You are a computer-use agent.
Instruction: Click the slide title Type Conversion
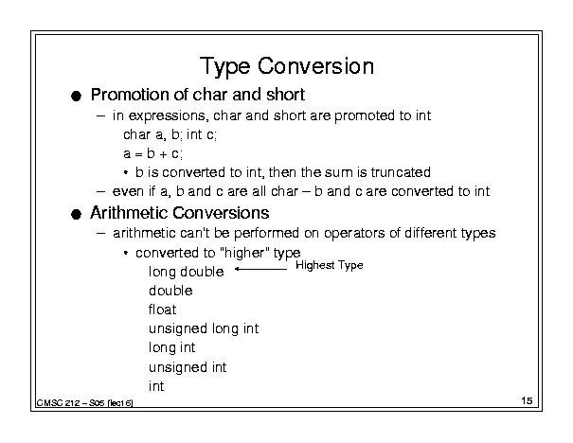287,67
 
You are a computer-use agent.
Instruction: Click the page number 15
527,400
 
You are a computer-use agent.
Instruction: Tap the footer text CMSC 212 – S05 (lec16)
84,403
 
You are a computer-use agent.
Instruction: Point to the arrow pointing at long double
260,269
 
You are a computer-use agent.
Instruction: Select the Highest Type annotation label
330,265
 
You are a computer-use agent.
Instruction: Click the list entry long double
186,272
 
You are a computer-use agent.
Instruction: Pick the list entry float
162,310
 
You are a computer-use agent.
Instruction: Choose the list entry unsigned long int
204,328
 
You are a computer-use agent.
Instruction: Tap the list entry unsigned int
188,367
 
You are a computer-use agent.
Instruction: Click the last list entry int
156,386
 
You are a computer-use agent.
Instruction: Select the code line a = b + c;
152,153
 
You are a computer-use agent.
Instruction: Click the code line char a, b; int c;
170,134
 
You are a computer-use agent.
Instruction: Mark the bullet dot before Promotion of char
76,96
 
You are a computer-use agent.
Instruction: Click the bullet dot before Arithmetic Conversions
76,214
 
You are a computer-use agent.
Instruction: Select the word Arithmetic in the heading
130,213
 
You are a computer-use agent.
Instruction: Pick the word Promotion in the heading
130,95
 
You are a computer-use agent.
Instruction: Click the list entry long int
171,347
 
